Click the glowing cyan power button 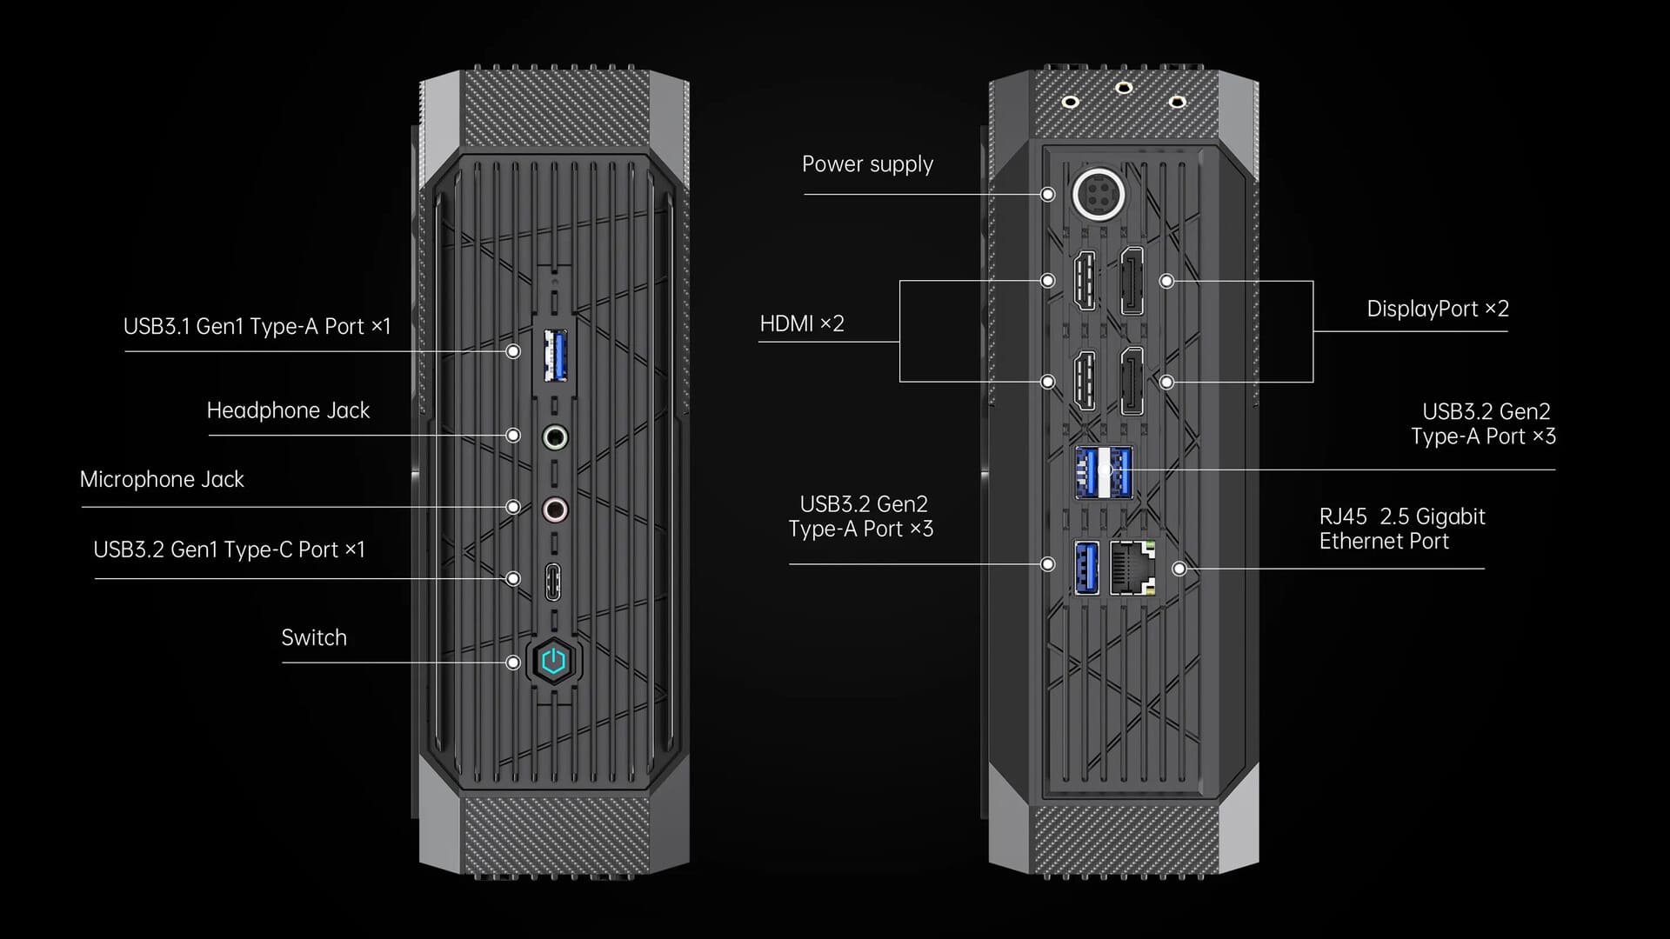[553, 662]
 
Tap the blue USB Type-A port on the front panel [555, 355]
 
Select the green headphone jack [555, 436]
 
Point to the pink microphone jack [555, 509]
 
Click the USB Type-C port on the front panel [553, 582]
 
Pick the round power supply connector [1099, 193]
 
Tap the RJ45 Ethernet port [1133, 568]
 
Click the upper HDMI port [1085, 281]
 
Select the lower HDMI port [1085, 381]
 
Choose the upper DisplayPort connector [1131, 281]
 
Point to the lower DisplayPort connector [1131, 381]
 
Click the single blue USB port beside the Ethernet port [1086, 568]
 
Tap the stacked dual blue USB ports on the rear [1104, 472]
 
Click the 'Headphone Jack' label [288, 410]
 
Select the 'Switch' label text [314, 637]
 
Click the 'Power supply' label [867, 164]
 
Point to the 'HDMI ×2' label [802, 323]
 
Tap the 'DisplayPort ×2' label [1438, 309]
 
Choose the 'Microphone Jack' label [162, 479]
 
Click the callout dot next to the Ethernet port [1179, 569]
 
